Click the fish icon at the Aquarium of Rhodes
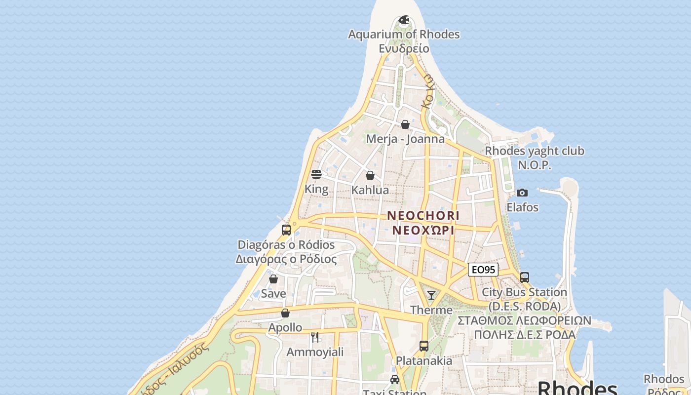click(404, 20)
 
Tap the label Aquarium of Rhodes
click(404, 35)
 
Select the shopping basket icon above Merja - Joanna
click(405, 124)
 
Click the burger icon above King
click(316, 174)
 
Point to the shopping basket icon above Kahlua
click(370, 175)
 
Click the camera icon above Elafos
click(522, 193)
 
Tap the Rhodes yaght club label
click(535, 151)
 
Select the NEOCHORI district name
click(423, 216)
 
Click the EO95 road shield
click(483, 270)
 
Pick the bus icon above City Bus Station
click(524, 277)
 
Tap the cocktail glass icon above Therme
click(431, 295)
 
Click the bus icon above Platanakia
click(423, 346)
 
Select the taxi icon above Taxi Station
click(394, 380)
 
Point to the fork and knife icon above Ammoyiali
click(315, 337)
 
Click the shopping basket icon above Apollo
click(285, 313)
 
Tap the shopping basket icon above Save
click(273, 279)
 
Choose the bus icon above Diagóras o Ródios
click(286, 230)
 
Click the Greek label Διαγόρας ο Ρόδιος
click(286, 259)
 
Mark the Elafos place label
click(522, 207)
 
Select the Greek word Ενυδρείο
click(404, 48)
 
